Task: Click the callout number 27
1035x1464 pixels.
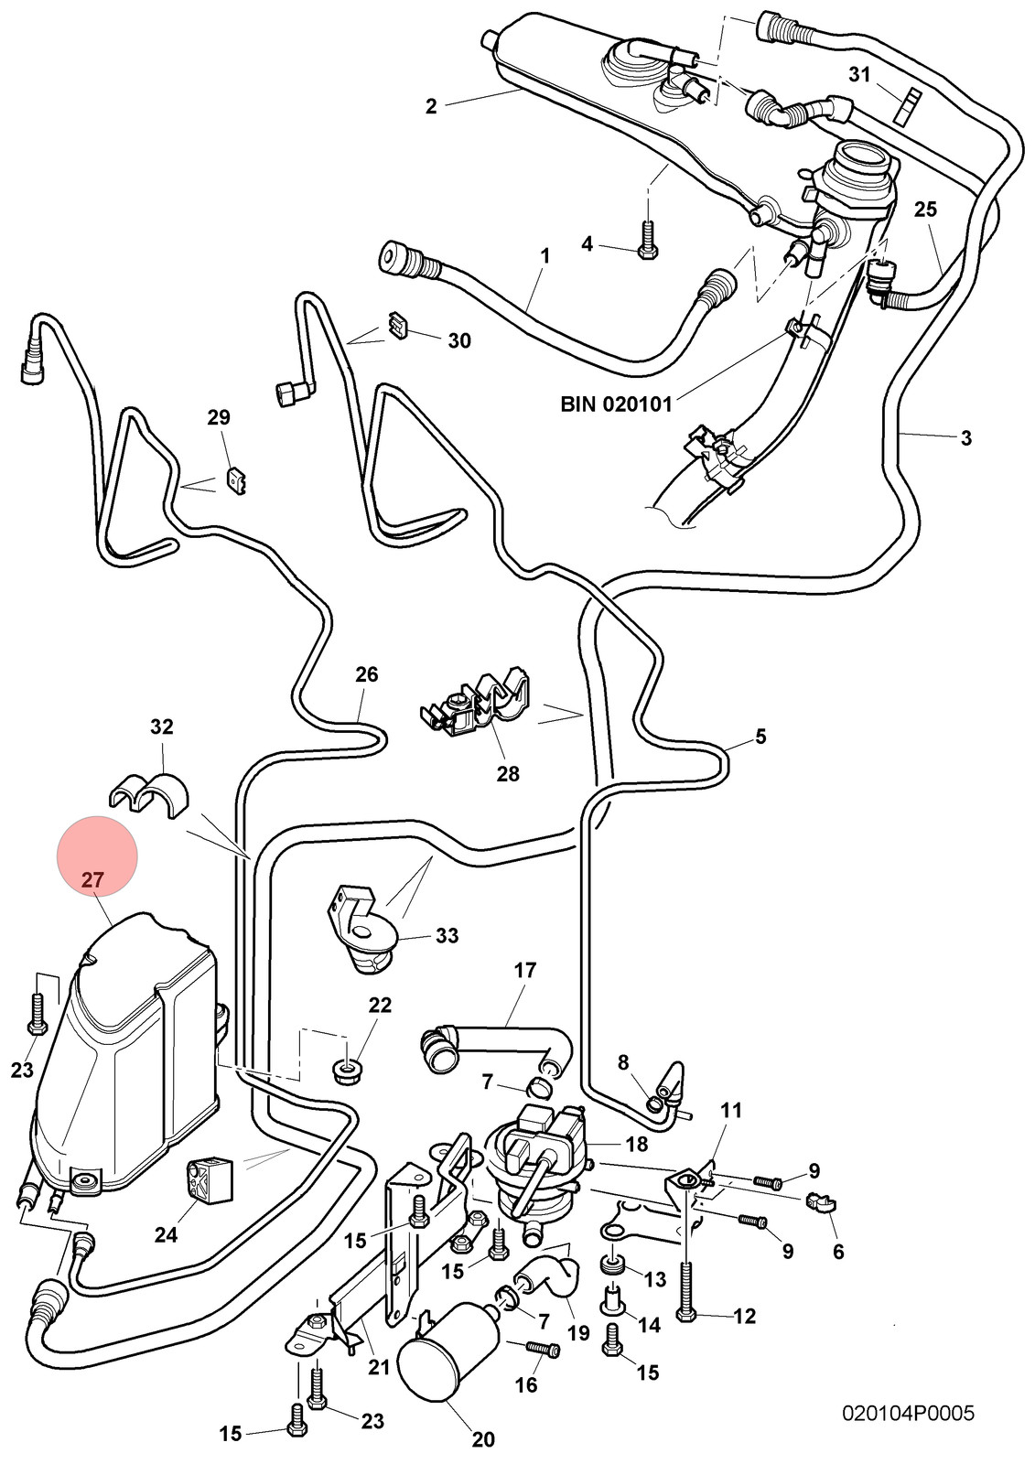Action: [x=92, y=879]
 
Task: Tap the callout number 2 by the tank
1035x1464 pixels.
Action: [x=431, y=106]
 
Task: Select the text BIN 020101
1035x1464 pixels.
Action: [x=616, y=404]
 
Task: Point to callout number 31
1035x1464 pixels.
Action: [x=860, y=74]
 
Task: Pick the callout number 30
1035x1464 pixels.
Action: [x=459, y=340]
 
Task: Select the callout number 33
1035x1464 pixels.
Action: [x=447, y=935]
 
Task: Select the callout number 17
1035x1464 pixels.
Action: [x=525, y=970]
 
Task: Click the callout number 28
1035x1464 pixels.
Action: [x=508, y=774]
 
